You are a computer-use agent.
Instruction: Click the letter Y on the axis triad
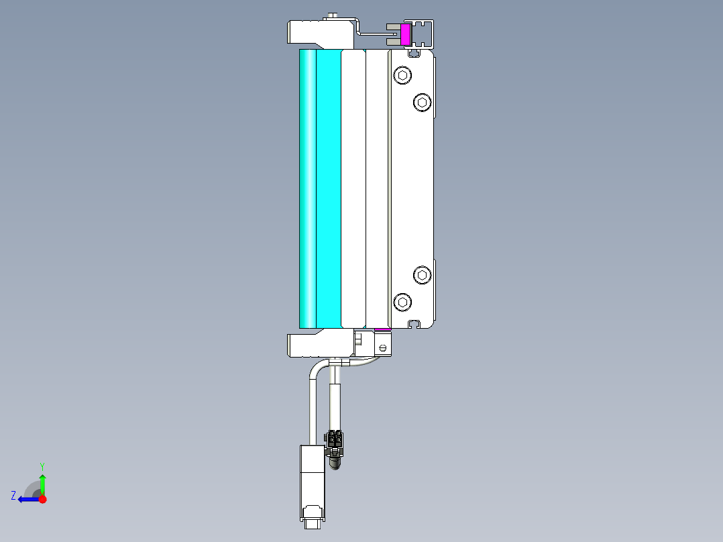pyautogui.click(x=42, y=466)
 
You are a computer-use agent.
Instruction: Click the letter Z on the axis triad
pyautogui.click(x=13, y=495)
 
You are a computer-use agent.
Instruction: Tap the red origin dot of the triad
pyautogui.click(x=42, y=499)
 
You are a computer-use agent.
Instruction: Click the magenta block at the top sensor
pyautogui.click(x=405, y=35)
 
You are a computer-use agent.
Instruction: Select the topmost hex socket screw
pyautogui.click(x=402, y=75)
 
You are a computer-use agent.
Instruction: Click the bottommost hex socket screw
pyautogui.click(x=402, y=302)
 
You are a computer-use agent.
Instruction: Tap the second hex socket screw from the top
pyautogui.click(x=422, y=102)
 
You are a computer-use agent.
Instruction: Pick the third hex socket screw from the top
pyautogui.click(x=422, y=274)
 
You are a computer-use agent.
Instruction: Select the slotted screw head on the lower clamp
pyautogui.click(x=382, y=347)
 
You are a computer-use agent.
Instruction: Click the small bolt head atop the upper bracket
pyautogui.click(x=333, y=15)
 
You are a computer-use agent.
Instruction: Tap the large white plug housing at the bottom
pyautogui.click(x=312, y=480)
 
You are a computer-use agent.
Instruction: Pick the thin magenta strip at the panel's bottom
pyautogui.click(x=382, y=329)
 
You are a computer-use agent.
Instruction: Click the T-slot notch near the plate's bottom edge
pyautogui.click(x=416, y=324)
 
